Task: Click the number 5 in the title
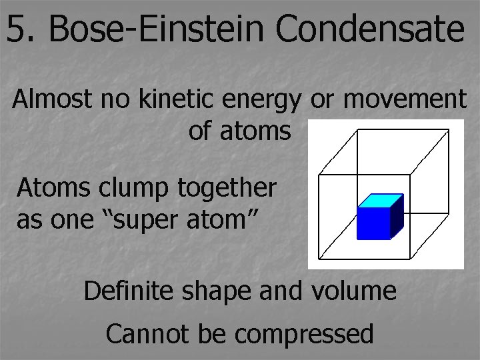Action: [18, 29]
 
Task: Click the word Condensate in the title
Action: [369, 29]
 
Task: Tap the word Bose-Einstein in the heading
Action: [158, 29]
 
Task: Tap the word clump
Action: [136, 189]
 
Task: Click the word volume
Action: [357, 291]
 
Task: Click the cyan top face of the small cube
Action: [381, 200]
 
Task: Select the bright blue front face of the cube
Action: [373, 223]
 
